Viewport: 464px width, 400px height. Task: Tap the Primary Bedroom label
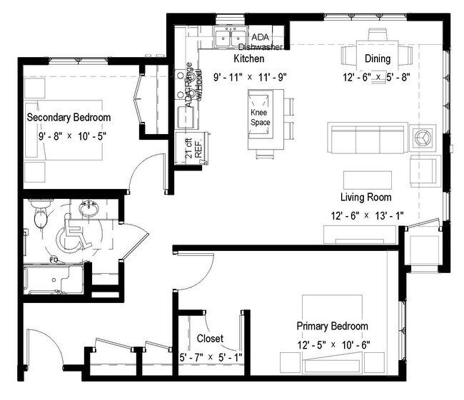click(x=332, y=327)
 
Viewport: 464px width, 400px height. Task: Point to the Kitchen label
click(x=249, y=58)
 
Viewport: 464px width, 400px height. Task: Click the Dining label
click(x=377, y=58)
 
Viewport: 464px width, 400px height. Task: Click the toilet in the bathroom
click(x=41, y=214)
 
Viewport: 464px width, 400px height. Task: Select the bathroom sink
click(x=89, y=210)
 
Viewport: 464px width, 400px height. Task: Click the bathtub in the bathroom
click(x=54, y=281)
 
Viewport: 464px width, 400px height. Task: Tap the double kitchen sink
click(x=230, y=36)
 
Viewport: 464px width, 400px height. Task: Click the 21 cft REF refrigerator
click(x=189, y=149)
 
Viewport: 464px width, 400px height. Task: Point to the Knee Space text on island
click(x=259, y=118)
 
